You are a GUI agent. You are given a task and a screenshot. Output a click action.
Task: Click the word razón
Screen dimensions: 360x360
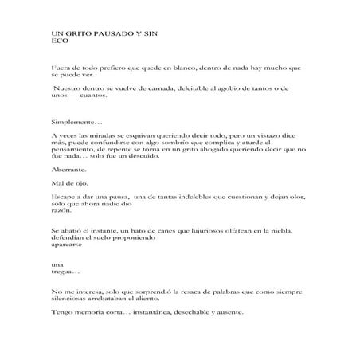click(60, 211)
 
